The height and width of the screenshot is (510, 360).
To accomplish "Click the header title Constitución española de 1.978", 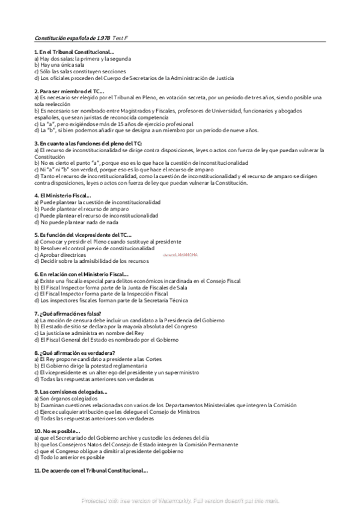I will [72, 38].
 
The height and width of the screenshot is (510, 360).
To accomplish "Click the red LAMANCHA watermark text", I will [180, 255].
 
